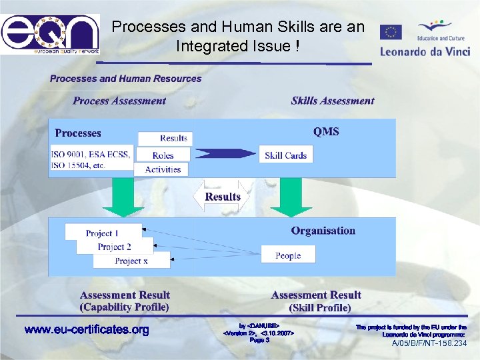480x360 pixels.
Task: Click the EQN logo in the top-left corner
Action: coord(51,34)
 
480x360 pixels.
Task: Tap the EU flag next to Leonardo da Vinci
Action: coord(391,33)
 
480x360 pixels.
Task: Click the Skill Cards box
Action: coord(285,155)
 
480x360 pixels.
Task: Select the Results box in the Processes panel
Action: coord(165,138)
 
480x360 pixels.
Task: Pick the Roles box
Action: coord(163,155)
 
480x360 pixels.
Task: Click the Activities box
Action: coord(162,169)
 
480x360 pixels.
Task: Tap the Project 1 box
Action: coord(103,233)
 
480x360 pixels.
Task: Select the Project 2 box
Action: coord(115,247)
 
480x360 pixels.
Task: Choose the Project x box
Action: coord(131,261)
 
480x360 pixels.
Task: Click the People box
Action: coord(287,255)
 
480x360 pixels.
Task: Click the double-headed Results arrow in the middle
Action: coord(222,197)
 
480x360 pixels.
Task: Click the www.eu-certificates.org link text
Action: coord(87,330)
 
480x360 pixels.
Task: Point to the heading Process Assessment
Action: coord(119,101)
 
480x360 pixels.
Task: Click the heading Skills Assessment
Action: coord(333,101)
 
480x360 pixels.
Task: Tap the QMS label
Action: coord(326,131)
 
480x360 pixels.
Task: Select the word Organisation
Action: coord(323,231)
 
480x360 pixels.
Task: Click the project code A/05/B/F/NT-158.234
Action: coord(429,344)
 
